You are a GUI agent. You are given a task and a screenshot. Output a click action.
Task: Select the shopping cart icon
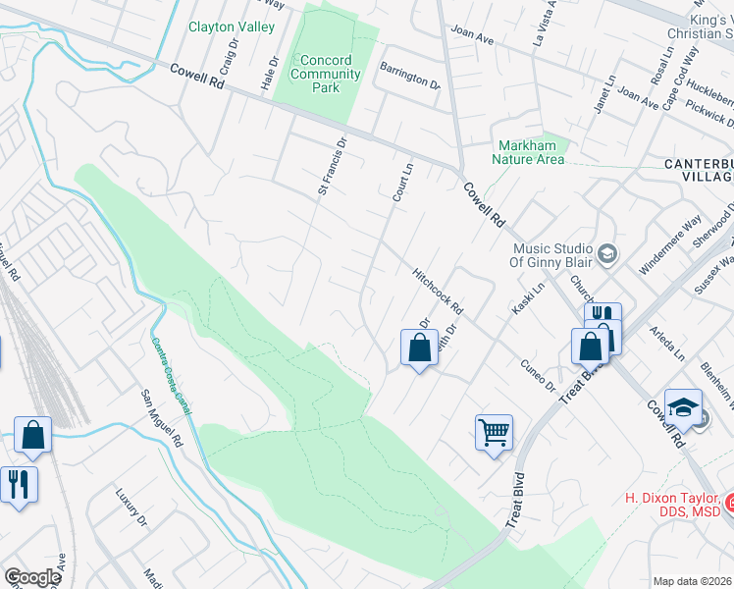point(494,431)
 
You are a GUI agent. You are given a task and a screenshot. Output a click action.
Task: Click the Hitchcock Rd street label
point(438,292)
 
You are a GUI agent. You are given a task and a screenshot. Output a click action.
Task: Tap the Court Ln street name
point(400,183)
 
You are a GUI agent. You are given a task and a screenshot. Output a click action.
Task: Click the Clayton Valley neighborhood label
point(232,27)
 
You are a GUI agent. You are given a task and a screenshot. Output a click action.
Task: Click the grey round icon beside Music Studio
point(606,254)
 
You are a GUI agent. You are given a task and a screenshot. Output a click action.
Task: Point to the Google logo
point(32,577)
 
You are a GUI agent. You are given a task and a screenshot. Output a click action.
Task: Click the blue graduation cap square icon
point(684,407)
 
